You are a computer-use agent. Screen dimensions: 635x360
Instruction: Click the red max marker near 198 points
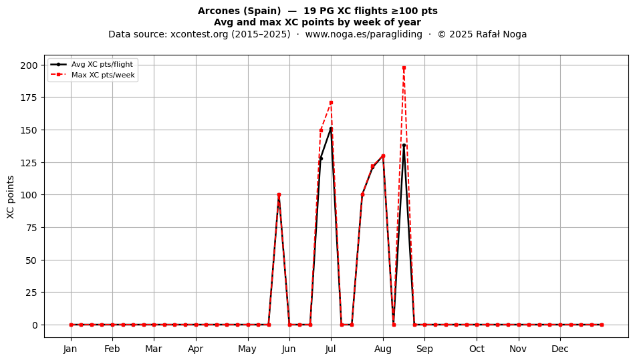(404, 68)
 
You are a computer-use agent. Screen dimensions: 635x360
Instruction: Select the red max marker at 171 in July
(331, 103)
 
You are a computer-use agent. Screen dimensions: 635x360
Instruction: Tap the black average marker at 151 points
(331, 129)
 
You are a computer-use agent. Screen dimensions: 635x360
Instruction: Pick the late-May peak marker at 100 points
(279, 195)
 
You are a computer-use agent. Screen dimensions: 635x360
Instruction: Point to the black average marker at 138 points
(404, 146)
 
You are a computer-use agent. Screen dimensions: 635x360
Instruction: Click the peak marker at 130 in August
(383, 156)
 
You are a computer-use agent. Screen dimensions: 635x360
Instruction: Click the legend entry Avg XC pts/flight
(92, 64)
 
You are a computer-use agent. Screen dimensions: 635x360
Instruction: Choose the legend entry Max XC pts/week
(93, 75)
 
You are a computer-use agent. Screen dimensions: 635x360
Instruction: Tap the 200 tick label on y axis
(29, 65)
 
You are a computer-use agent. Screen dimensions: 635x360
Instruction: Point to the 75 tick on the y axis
(32, 228)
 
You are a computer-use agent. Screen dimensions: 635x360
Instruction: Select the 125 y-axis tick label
(29, 162)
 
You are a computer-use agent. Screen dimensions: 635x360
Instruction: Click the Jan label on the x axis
(70, 349)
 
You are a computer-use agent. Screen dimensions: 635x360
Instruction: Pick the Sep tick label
(424, 349)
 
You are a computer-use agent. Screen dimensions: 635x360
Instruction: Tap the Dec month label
(560, 349)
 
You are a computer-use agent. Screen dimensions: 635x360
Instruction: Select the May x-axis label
(247, 349)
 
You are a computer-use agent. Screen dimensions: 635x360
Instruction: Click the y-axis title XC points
(11, 197)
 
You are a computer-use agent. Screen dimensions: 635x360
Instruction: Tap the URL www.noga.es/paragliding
(364, 34)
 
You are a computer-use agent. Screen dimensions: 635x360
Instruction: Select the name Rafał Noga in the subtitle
(501, 34)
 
